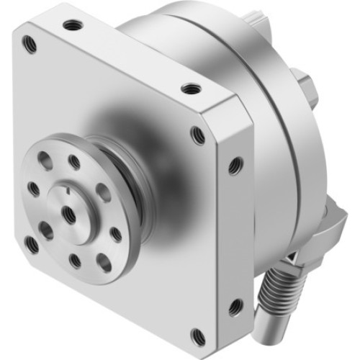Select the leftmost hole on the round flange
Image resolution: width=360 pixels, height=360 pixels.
[x=34, y=189]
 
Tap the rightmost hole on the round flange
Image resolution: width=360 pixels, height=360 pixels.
[x=116, y=234]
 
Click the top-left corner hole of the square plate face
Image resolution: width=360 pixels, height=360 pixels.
[x=30, y=44]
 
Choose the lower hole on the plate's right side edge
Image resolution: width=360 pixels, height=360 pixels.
[x=233, y=308]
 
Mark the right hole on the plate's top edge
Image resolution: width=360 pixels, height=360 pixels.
[x=189, y=89]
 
